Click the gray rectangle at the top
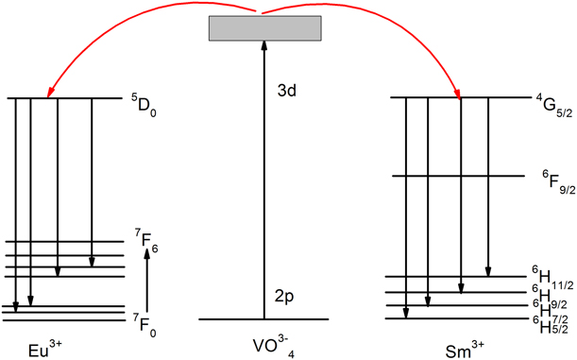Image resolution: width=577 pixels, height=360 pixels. click(262, 28)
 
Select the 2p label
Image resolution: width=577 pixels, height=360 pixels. click(281, 295)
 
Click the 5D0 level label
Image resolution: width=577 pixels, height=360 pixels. click(143, 97)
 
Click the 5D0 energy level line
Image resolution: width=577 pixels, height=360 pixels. click(65, 98)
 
